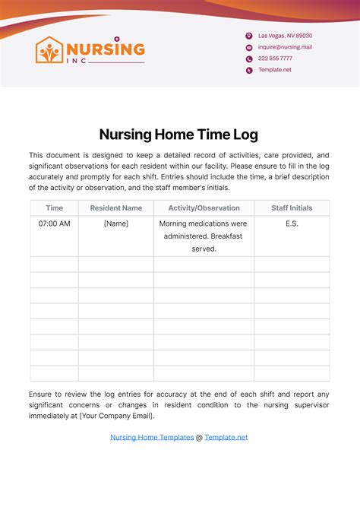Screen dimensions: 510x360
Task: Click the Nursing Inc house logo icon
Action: click(x=49, y=50)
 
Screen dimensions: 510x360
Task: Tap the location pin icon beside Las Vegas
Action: click(x=248, y=36)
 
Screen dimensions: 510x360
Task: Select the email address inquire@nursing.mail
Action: click(x=285, y=47)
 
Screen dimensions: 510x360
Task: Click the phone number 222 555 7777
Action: click(x=275, y=59)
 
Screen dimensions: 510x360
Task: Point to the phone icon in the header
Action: click(x=248, y=59)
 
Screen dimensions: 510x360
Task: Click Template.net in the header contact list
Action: click(x=274, y=70)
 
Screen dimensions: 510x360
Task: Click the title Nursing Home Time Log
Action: click(x=179, y=135)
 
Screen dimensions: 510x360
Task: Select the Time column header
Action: click(x=54, y=207)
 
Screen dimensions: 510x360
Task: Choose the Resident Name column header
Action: click(x=115, y=207)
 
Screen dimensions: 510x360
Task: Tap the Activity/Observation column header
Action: click(x=204, y=207)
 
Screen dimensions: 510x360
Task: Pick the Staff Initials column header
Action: click(x=292, y=207)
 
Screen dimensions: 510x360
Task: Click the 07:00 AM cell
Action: click(x=54, y=223)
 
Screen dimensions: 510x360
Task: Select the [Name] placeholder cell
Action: click(x=115, y=223)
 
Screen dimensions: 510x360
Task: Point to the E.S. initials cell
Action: click(x=292, y=223)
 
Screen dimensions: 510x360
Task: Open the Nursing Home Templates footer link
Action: click(x=152, y=437)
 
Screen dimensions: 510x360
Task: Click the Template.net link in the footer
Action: click(x=226, y=437)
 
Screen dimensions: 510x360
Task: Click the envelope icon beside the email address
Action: click(x=248, y=47)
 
